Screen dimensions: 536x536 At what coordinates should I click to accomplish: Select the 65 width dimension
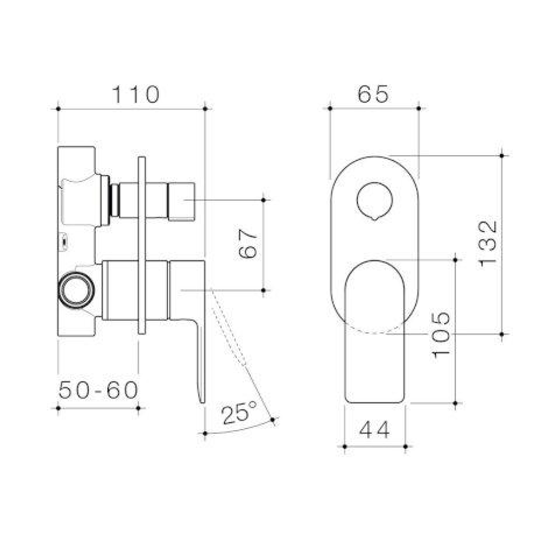373,94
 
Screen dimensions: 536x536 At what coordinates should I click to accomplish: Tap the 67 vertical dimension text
249,244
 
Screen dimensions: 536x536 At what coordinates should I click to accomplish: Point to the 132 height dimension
488,244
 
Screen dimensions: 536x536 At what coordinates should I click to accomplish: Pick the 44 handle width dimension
374,430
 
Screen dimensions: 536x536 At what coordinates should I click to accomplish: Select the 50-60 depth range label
98,391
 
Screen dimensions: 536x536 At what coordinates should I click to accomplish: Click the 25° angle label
239,413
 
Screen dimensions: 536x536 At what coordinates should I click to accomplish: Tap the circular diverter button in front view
375,201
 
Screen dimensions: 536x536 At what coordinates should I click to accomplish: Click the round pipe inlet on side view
76,290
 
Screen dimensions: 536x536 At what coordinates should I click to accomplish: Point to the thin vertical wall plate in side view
142,245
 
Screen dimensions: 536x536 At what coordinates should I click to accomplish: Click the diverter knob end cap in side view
181,201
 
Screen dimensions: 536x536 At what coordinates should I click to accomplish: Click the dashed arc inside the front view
375,331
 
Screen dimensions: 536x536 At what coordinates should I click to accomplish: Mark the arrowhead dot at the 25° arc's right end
273,420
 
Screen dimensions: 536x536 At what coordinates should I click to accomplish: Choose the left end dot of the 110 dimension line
59,108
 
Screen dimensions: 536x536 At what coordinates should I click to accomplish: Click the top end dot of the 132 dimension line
502,155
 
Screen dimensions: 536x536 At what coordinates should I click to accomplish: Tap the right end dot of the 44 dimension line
405,447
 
